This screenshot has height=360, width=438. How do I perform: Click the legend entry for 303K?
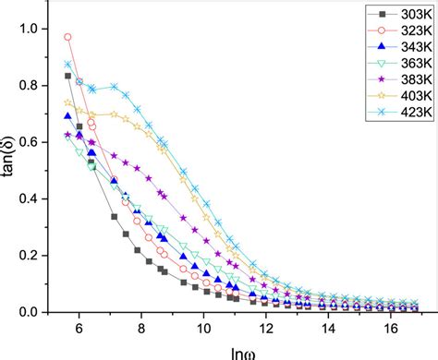(391, 13)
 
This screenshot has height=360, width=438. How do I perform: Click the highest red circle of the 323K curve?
(67, 37)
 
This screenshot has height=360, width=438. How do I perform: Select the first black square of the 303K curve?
(67, 76)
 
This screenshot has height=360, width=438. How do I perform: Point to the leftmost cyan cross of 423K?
(67, 64)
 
